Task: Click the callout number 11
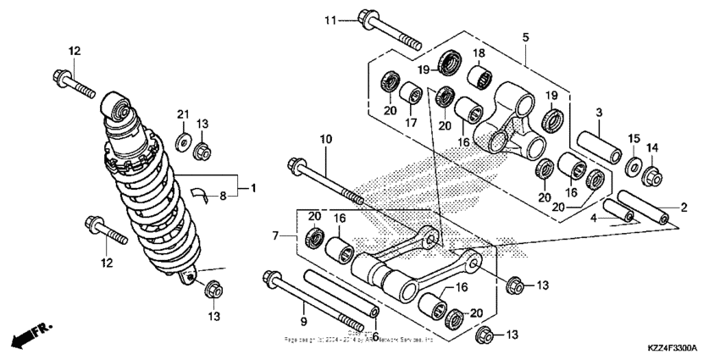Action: click(x=330, y=19)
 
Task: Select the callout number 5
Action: click(x=525, y=38)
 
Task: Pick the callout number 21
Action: click(x=181, y=114)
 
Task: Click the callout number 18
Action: click(x=478, y=53)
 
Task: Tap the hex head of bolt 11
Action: click(x=368, y=19)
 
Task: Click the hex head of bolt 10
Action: click(x=296, y=164)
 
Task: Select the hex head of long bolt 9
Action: click(x=273, y=277)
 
